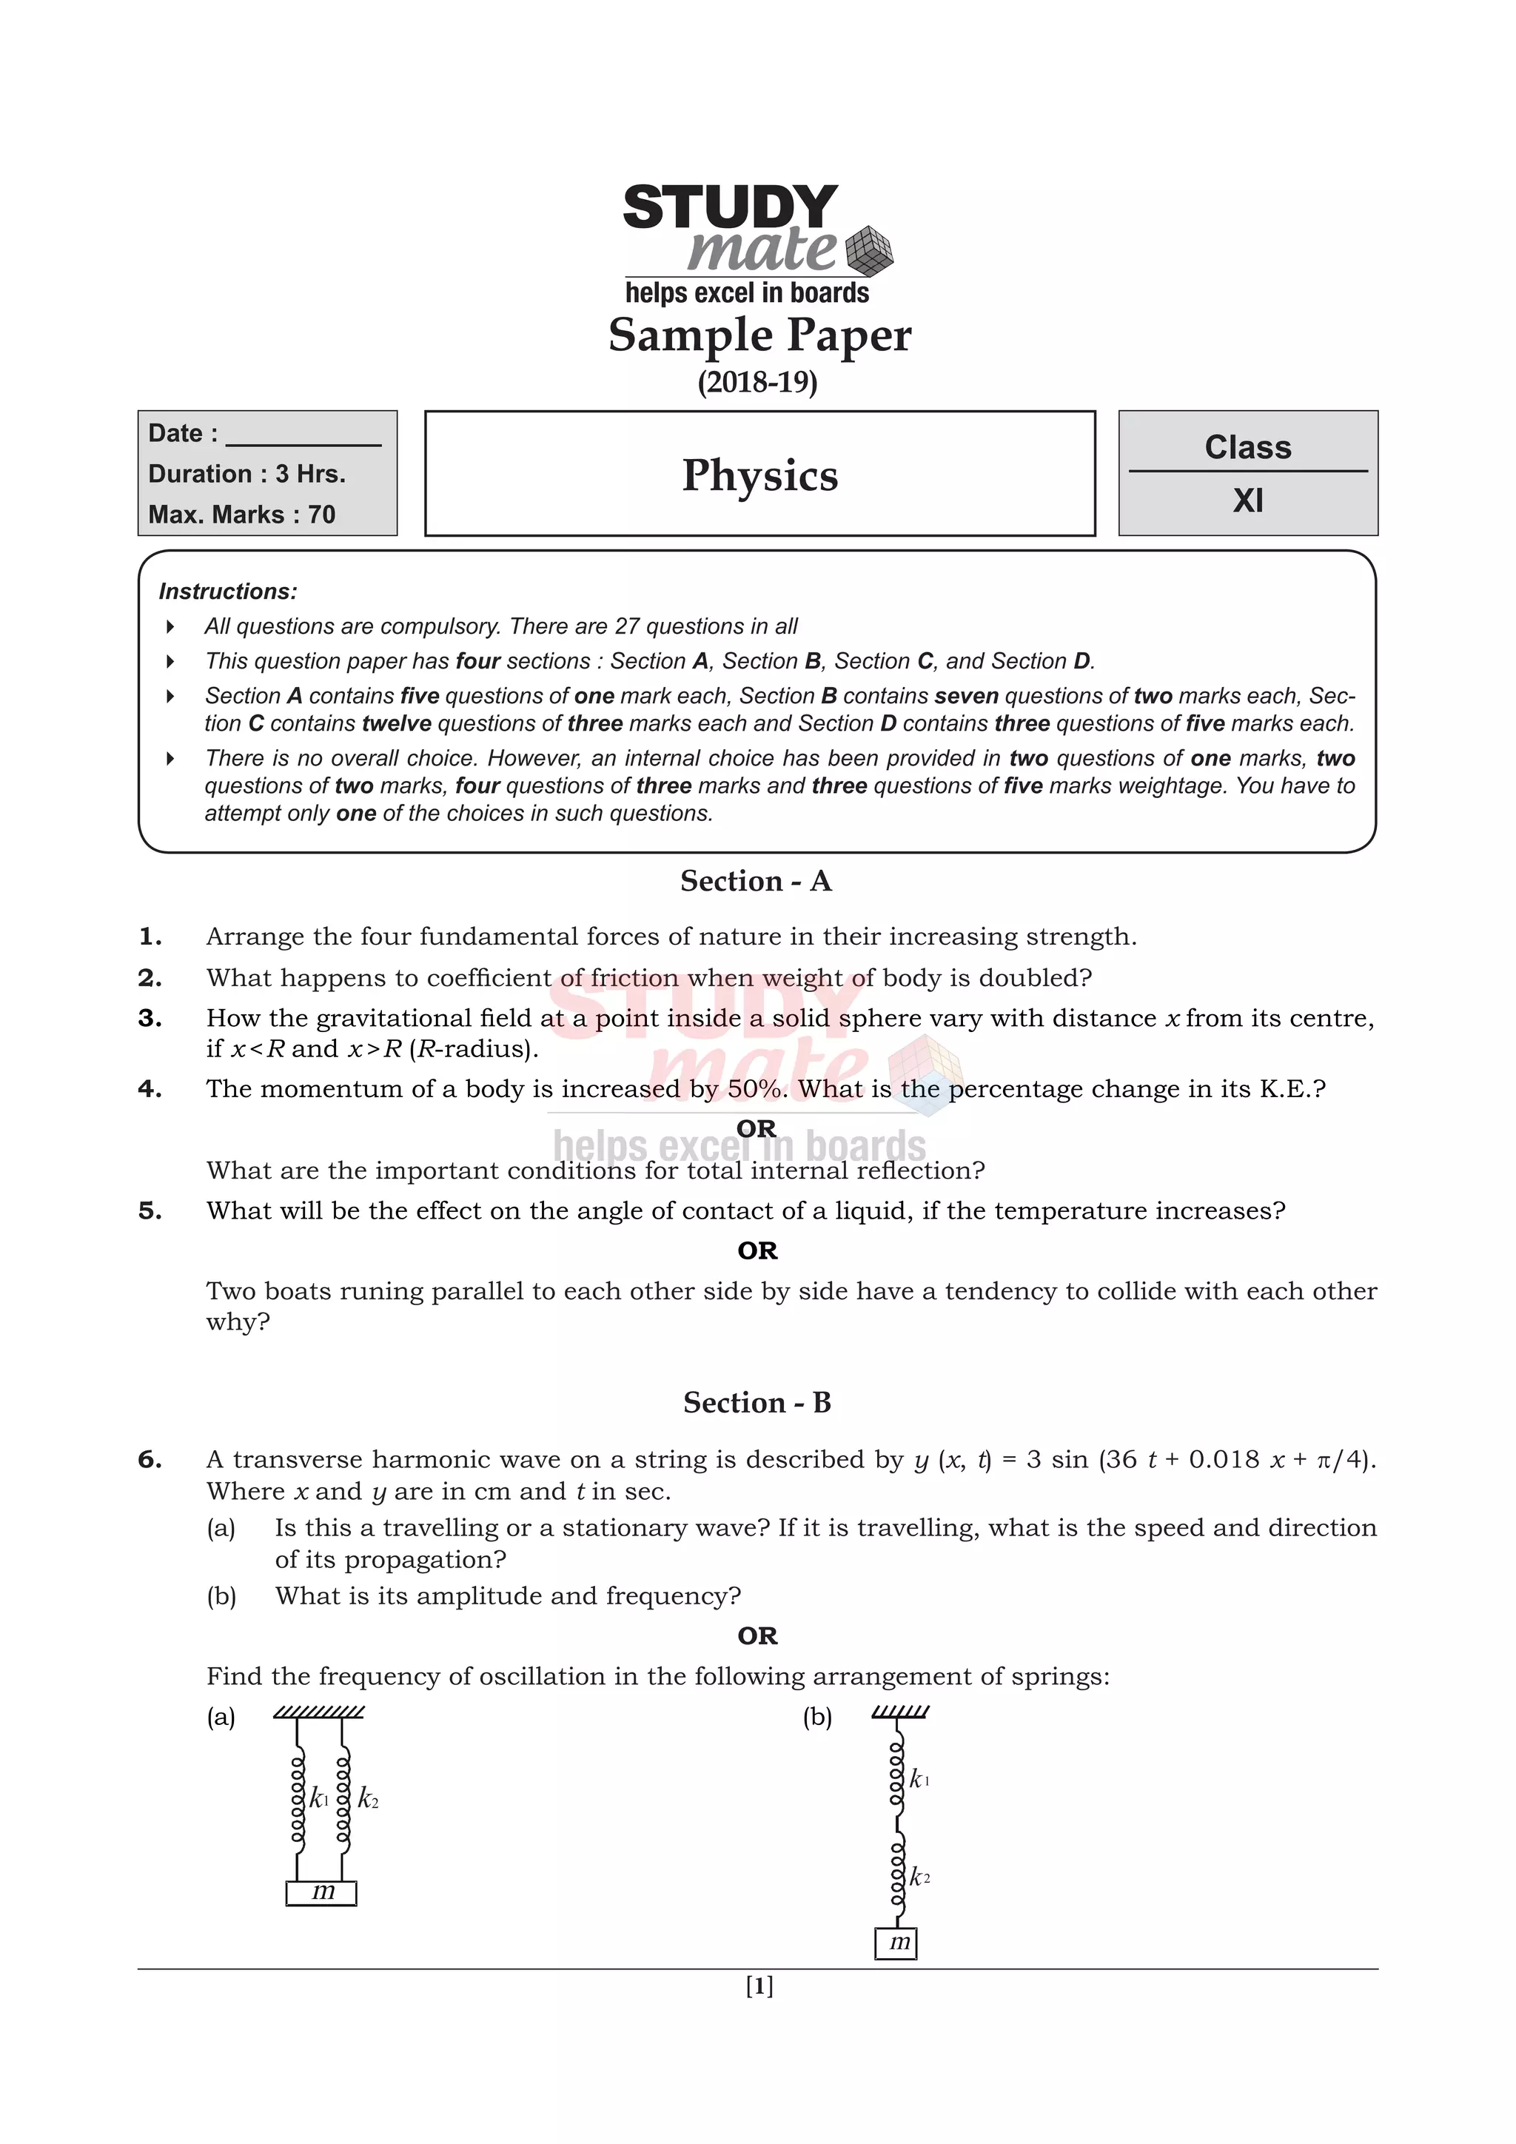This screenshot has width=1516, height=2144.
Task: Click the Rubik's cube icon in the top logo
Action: (868, 250)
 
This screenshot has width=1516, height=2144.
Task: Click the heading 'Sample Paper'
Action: (759, 335)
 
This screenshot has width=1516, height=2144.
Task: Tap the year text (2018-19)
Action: (757, 382)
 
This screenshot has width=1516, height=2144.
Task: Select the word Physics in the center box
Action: (759, 475)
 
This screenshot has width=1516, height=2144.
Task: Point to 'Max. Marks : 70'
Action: (242, 515)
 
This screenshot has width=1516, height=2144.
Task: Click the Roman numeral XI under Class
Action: (1247, 501)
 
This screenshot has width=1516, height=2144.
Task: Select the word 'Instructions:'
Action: (228, 591)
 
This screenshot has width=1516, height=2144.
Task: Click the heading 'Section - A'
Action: (755, 880)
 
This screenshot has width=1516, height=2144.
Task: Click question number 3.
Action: (150, 1018)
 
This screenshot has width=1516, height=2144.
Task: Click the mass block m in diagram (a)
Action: (321, 1892)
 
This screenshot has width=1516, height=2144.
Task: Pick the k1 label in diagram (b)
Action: (919, 1779)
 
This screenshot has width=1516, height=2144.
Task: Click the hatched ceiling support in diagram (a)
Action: (319, 1712)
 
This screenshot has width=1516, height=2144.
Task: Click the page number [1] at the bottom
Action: (759, 1986)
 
